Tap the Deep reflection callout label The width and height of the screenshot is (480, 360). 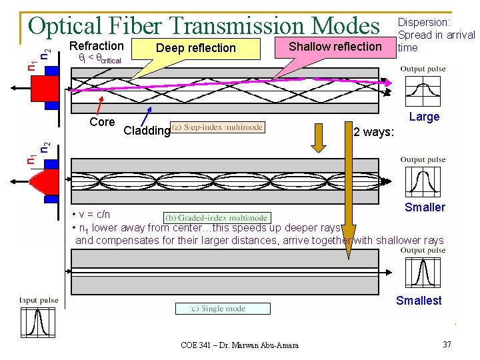(x=195, y=48)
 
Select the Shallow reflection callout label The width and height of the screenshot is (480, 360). (x=335, y=46)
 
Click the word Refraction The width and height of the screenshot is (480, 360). (x=97, y=46)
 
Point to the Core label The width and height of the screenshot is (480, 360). (x=102, y=122)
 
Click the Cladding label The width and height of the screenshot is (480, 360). (x=147, y=131)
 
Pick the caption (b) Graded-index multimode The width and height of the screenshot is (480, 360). (x=217, y=217)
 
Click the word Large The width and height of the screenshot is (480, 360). (x=424, y=117)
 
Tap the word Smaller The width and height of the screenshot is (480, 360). (x=425, y=207)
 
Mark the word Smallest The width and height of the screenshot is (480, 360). (x=419, y=301)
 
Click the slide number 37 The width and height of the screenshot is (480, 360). (x=446, y=344)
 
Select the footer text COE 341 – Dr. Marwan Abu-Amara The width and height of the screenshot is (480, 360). (x=239, y=345)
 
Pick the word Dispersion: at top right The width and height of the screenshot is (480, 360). (x=424, y=23)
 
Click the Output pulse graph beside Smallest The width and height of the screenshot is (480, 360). (x=423, y=272)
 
